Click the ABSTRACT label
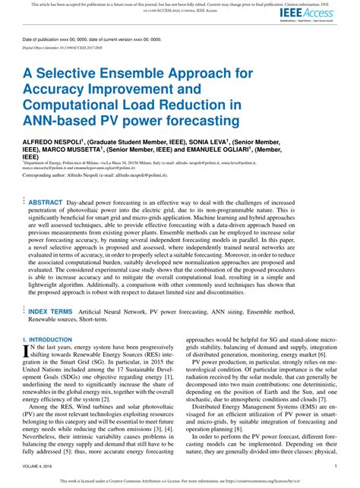click(x=45, y=203)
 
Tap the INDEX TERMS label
click(x=51, y=311)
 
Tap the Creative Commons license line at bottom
click(x=180, y=481)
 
